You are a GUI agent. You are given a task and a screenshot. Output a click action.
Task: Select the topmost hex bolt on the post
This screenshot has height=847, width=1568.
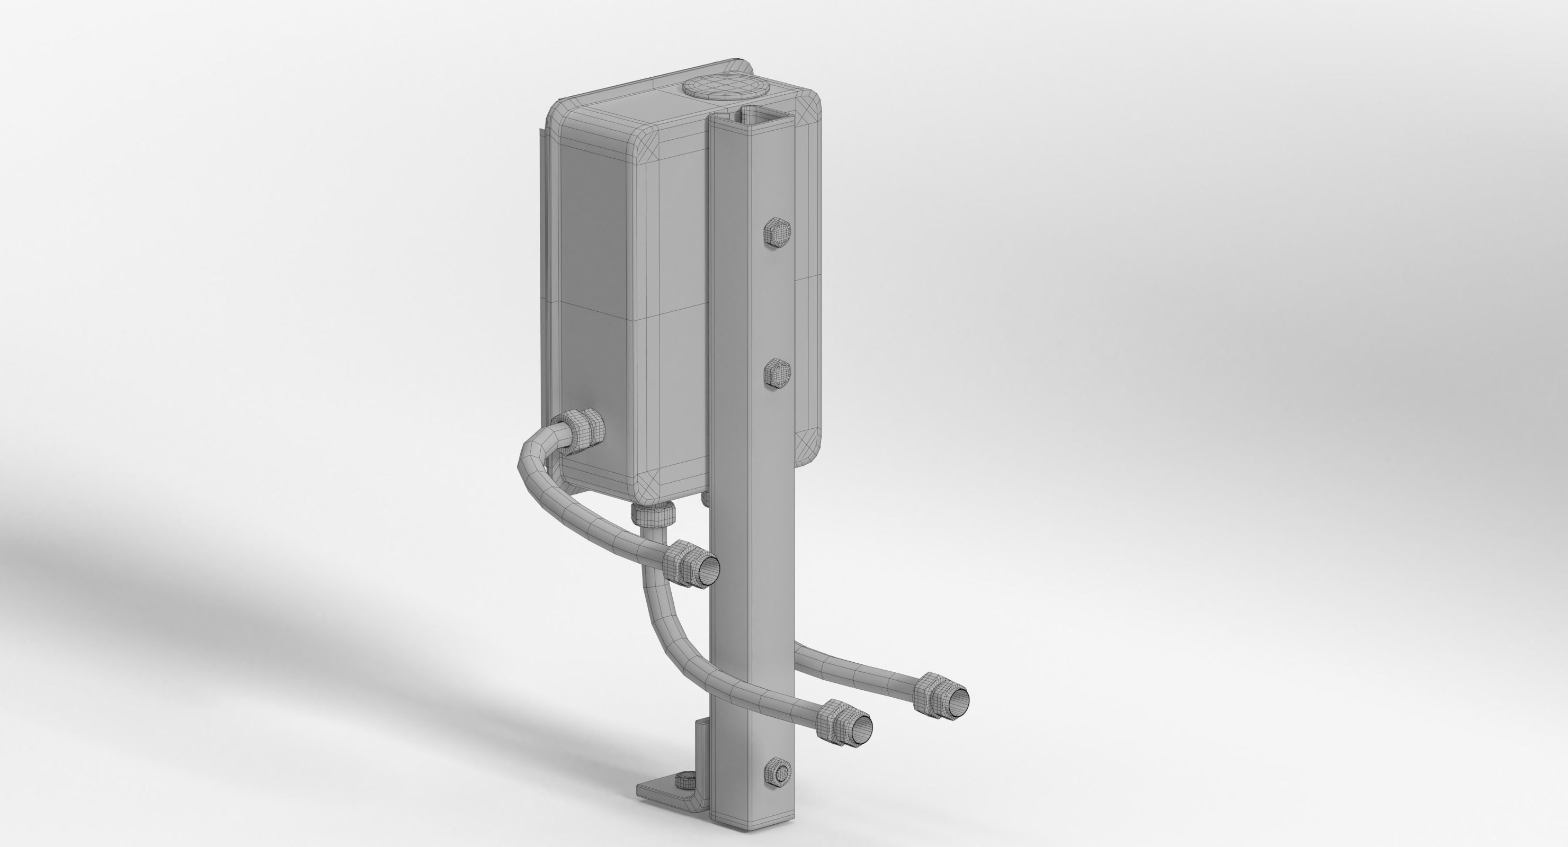coord(777,232)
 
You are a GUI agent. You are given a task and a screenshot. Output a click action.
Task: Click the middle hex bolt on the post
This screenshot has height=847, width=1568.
coord(777,372)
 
